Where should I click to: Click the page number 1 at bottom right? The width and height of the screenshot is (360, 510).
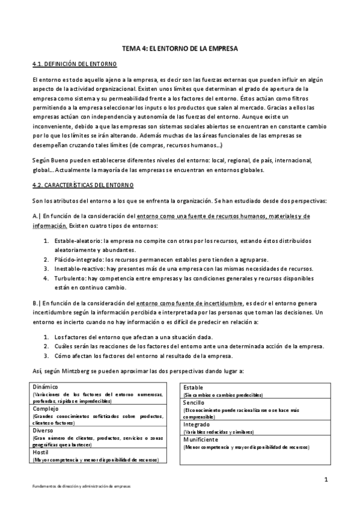[x=325, y=479]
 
